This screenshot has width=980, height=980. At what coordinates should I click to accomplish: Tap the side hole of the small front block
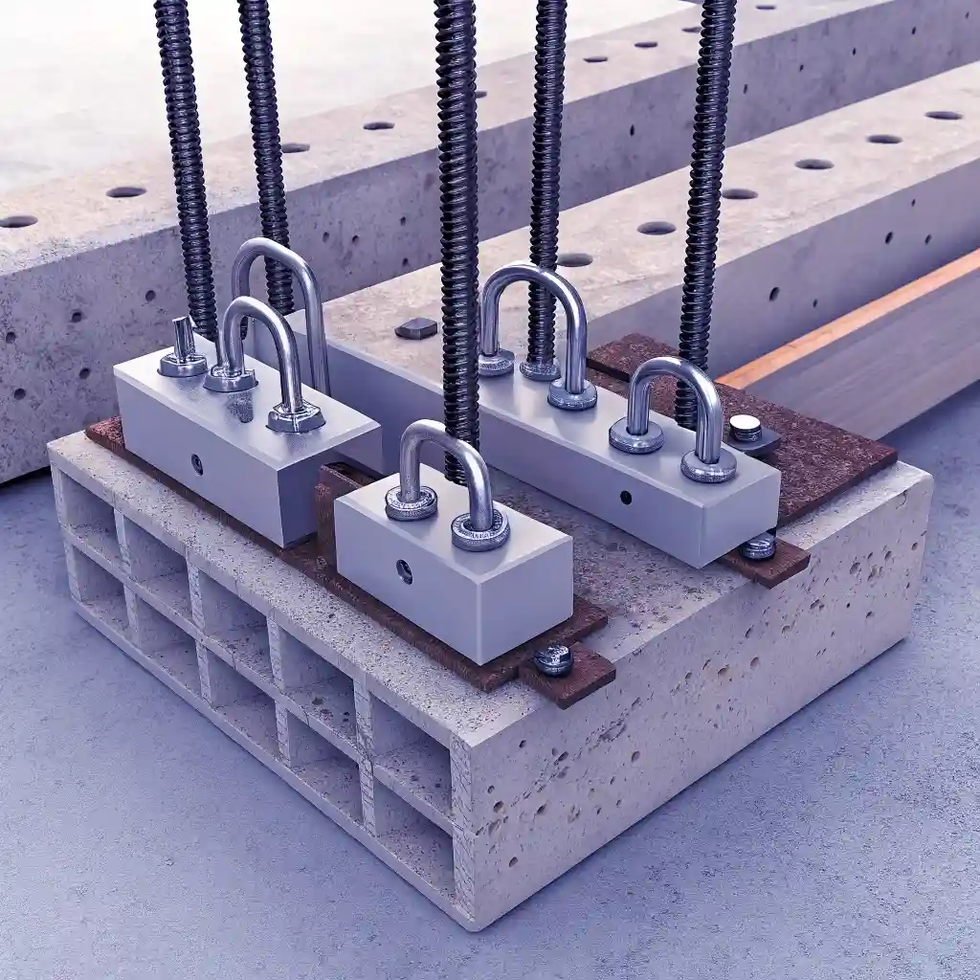tap(404, 571)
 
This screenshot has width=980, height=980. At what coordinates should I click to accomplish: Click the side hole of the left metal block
tap(196, 464)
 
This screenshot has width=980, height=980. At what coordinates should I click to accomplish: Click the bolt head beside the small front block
tap(553, 658)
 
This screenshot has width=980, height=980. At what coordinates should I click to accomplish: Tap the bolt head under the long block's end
tap(759, 546)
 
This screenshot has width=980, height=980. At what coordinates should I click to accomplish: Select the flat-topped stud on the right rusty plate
tap(746, 428)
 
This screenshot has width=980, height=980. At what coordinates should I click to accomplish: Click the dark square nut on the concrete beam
tap(415, 328)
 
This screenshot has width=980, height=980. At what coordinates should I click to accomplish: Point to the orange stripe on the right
tap(842, 316)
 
